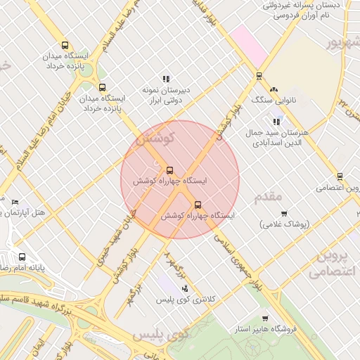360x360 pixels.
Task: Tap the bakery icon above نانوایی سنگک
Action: click(x=274, y=90)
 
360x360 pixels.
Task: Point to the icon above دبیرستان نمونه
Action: click(x=166, y=79)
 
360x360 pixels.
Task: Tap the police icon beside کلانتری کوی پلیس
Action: click(x=185, y=288)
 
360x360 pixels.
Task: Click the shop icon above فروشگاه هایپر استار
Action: click(x=265, y=319)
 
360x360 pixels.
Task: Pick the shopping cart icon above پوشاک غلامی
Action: click(x=284, y=214)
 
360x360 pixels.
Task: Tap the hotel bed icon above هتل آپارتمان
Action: click(x=15, y=202)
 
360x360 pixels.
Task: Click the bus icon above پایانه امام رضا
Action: click(x=22, y=257)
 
